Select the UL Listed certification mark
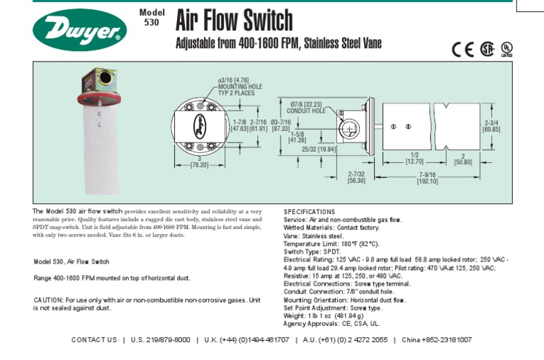click(x=506, y=49)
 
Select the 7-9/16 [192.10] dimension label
click(x=427, y=178)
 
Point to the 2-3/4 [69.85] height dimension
click(x=492, y=125)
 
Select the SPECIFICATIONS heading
click(x=309, y=212)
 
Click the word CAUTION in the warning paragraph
click(x=49, y=300)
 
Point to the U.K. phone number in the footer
click(x=247, y=340)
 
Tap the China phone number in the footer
click(x=436, y=340)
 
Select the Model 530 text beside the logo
click(x=152, y=17)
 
